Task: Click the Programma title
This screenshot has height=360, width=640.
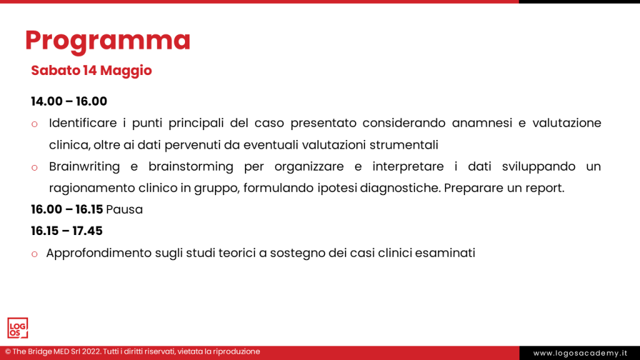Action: [x=107, y=41]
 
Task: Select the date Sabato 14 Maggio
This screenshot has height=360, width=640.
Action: [x=91, y=71]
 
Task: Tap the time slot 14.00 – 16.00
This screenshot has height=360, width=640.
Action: [x=69, y=101]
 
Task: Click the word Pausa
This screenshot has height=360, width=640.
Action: [x=124, y=209]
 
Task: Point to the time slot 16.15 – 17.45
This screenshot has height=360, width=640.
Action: [x=67, y=231]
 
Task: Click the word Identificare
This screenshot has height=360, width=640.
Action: [x=83, y=123]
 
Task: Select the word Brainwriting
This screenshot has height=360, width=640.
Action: [x=84, y=166]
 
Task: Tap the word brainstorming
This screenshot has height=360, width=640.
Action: [x=191, y=166]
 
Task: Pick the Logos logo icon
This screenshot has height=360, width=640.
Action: [x=17, y=328]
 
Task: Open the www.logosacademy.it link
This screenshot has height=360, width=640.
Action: [x=580, y=353]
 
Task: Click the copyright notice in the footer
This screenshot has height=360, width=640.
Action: [x=132, y=351]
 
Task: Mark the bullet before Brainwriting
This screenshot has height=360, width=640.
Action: [x=35, y=167]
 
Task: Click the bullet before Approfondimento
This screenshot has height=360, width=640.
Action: [x=35, y=254]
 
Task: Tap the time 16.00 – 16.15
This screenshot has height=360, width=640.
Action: [x=67, y=209]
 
